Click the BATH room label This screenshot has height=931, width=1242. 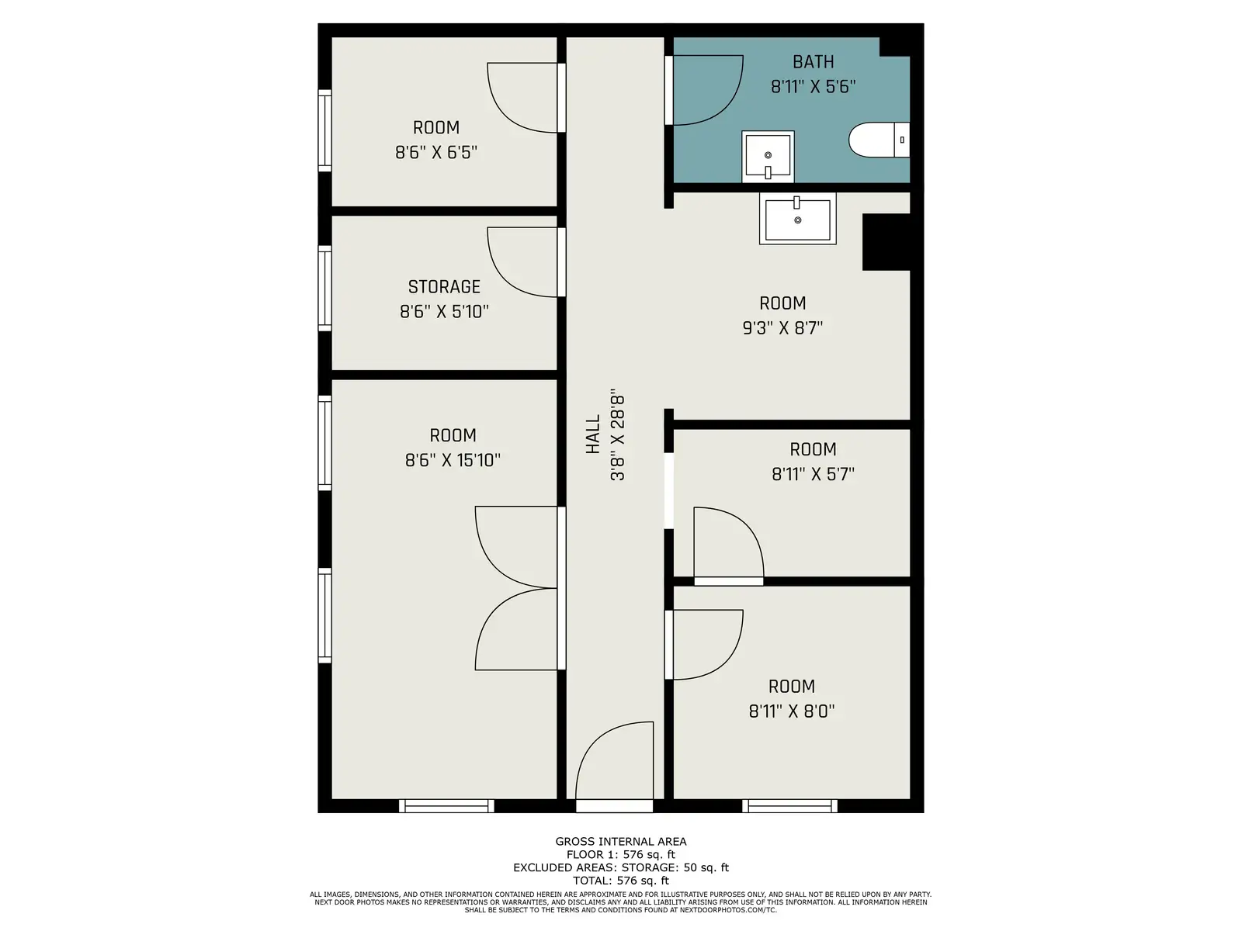(x=813, y=61)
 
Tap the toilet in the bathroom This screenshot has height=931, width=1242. (x=879, y=140)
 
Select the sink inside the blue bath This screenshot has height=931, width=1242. (x=768, y=157)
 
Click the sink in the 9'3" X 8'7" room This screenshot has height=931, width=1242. (x=797, y=218)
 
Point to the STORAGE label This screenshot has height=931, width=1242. (x=443, y=286)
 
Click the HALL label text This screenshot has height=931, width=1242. (x=592, y=434)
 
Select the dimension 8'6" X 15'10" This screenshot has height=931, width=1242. (x=452, y=460)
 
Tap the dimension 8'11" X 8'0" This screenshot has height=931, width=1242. (x=791, y=711)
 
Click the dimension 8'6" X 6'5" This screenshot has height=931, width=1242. (x=435, y=152)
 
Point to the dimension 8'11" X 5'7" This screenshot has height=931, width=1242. (x=813, y=474)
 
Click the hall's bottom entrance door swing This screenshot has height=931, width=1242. (x=614, y=760)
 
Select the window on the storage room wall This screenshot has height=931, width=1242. (x=324, y=289)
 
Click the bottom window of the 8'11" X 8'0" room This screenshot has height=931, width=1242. (x=789, y=805)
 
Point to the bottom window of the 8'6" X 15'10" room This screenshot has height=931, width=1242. (x=446, y=805)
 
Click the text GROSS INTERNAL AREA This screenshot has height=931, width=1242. (x=621, y=842)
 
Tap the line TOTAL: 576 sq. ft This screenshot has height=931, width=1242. (x=621, y=881)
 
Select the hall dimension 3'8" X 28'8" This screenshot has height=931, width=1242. (x=617, y=434)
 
